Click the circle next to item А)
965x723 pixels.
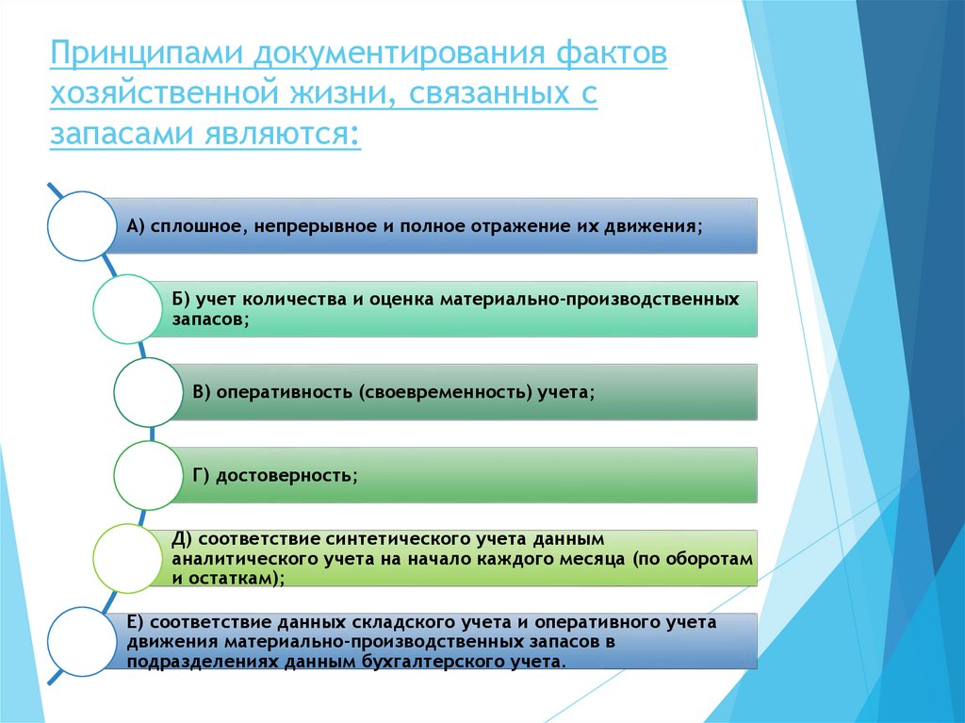tap(81, 226)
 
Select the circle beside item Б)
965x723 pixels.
tap(127, 308)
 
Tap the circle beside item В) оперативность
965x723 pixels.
tap(148, 392)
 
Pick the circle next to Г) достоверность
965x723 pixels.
tap(148, 475)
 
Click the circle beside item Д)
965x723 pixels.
tap(127, 558)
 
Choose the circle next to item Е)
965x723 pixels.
tap(81, 641)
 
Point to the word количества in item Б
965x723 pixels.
tap(283, 300)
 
